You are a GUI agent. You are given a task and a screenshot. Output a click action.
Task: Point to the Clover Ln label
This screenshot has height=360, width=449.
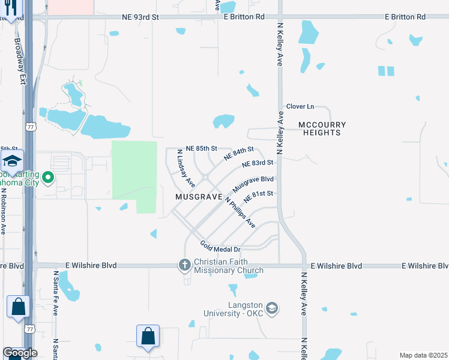coord(300,106)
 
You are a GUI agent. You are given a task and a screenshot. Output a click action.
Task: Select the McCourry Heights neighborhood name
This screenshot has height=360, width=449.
coord(322,128)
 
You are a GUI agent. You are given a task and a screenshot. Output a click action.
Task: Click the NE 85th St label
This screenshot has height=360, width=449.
coord(200,148)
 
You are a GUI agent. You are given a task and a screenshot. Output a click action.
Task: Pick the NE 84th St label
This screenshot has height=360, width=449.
coord(239,153)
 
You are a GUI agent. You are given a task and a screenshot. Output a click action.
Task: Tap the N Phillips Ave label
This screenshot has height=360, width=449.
coord(241,212)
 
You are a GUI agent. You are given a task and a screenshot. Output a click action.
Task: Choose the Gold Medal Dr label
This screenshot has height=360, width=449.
coord(220,245)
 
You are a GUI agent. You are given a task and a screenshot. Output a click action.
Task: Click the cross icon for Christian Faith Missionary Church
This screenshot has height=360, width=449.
coord(185,264)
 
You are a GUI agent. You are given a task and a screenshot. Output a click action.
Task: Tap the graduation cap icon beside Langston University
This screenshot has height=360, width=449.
coord(273,308)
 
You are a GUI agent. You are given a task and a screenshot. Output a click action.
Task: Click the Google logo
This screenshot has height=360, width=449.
coord(19,353)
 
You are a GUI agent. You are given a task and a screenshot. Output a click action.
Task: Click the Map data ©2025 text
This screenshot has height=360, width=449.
coord(423,355)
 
